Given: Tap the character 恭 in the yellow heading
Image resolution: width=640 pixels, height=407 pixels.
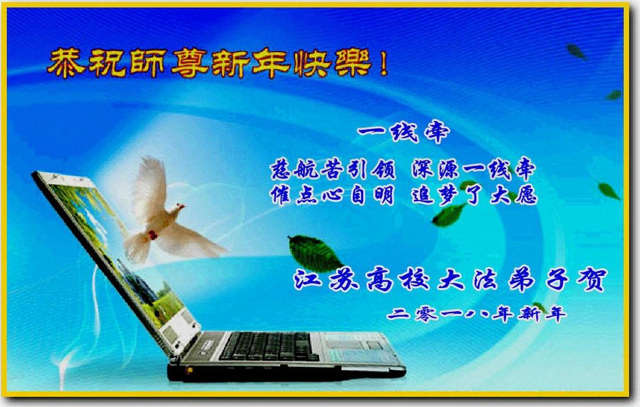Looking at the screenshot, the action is (66, 63).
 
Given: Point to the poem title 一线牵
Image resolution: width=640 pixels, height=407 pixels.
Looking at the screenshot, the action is (403, 132).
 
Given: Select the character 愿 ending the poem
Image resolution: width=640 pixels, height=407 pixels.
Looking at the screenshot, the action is (525, 194).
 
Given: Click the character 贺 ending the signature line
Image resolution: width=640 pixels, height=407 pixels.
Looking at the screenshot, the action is (591, 279).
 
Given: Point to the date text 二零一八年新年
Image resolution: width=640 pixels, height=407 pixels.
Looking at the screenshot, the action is (476, 314).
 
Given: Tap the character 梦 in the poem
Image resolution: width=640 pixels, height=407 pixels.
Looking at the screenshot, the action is (449, 194).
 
